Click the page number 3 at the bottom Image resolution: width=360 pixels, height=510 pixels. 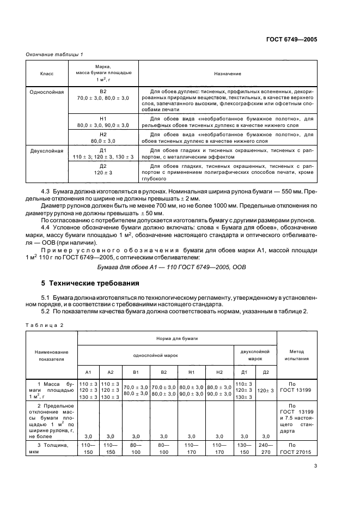(315, 466)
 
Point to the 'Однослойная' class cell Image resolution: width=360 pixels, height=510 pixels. (47, 92)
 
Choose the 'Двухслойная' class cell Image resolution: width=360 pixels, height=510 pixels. (47, 150)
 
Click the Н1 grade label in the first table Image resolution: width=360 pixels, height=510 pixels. (103, 118)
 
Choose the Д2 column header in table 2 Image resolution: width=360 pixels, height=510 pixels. (266, 372)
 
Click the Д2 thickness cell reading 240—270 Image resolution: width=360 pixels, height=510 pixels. (266, 449)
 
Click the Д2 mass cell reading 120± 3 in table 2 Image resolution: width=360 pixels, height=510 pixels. (266, 391)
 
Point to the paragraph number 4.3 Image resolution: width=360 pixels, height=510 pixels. (46, 192)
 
